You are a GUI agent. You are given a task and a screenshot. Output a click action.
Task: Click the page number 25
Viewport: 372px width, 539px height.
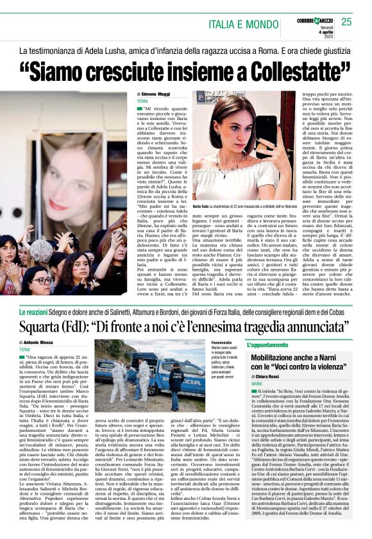(x=346, y=22)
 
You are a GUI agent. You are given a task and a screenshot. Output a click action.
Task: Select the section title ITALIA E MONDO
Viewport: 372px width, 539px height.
(x=247, y=24)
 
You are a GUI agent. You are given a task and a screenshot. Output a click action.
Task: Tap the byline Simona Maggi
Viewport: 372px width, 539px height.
(x=155, y=94)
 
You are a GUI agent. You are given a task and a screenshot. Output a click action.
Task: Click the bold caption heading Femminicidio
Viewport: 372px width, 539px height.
(x=221, y=343)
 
